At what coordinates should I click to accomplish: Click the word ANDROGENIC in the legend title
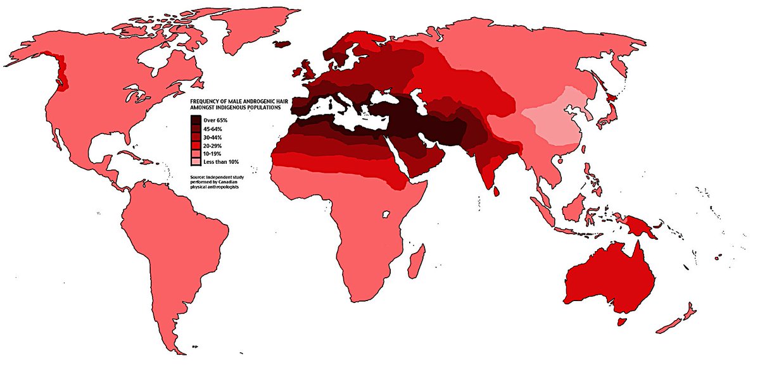pos(262,101)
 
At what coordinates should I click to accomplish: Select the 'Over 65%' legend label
pos(213,120)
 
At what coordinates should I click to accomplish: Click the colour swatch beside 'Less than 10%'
pos(196,163)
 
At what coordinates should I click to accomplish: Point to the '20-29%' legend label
pos(212,145)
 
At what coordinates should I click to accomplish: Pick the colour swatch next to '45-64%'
pos(196,128)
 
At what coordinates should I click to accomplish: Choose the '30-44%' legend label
pos(212,137)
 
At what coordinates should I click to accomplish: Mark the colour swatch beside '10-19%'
pos(196,154)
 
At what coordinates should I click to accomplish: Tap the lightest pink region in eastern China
pos(551,120)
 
